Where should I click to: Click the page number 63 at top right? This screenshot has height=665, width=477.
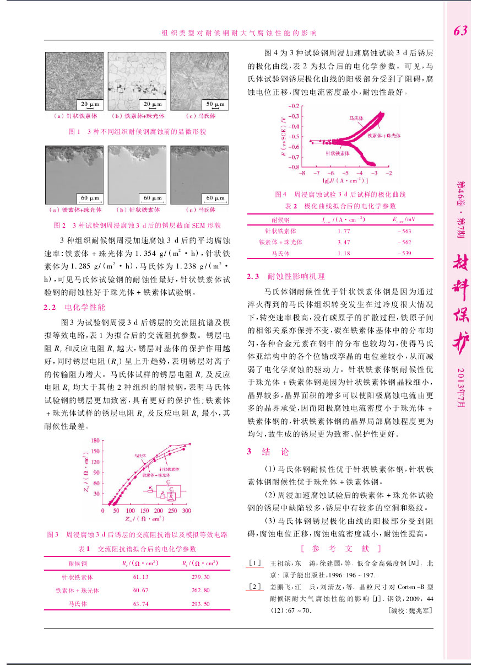point(460,31)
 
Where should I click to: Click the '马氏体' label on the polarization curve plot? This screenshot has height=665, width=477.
point(359,118)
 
